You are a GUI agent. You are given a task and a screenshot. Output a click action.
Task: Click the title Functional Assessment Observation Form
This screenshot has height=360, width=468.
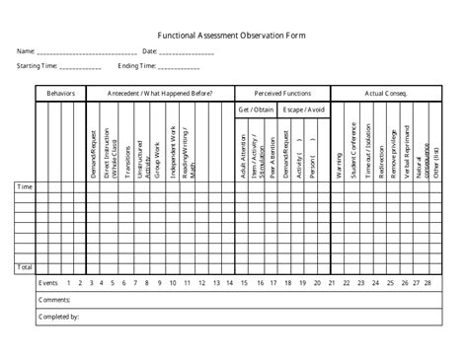click(x=234, y=34)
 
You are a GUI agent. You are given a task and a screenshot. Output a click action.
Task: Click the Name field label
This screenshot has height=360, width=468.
click(x=26, y=50)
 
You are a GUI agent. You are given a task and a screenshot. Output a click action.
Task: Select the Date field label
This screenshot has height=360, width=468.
click(x=150, y=50)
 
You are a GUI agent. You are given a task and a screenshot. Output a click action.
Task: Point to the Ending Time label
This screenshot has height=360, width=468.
click(x=137, y=66)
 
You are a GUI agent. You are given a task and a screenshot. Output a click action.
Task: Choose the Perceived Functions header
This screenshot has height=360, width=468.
click(x=282, y=93)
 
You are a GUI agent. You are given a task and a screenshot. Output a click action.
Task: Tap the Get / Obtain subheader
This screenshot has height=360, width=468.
click(x=255, y=108)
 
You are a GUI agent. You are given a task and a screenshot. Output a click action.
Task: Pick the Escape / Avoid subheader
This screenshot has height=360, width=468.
click(x=305, y=108)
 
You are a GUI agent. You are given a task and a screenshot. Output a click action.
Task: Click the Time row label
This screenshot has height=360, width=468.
click(x=25, y=185)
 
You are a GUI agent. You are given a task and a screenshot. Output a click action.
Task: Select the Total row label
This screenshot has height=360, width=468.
click(x=25, y=267)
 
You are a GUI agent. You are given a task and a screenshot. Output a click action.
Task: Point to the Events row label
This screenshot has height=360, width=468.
click(x=48, y=283)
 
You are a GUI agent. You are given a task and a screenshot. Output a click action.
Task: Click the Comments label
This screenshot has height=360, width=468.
click(x=53, y=300)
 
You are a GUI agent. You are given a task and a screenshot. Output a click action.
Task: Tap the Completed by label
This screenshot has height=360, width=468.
click(x=57, y=317)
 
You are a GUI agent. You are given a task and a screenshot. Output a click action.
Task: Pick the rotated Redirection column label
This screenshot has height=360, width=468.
click(x=381, y=154)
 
